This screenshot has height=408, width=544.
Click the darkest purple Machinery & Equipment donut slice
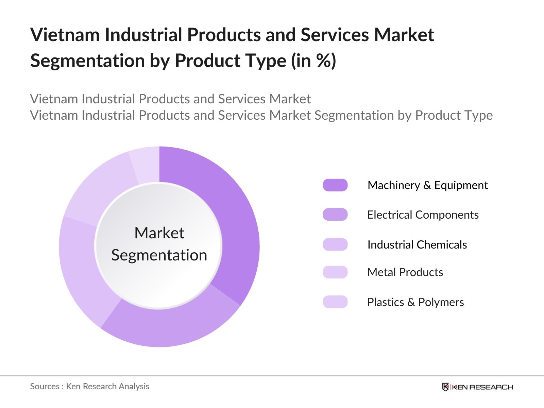click(235, 221)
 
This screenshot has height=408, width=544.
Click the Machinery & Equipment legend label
click(427, 185)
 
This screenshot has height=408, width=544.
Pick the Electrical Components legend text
click(423, 215)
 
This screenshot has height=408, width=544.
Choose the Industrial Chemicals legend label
click(417, 245)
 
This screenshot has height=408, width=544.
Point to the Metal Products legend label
click(405, 272)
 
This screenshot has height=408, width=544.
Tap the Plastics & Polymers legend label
click(415, 302)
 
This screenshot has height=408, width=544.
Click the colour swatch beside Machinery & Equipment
click(335, 185)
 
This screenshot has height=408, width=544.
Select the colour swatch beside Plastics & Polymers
click(335, 302)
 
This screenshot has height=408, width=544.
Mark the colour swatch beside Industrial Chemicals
click(335, 244)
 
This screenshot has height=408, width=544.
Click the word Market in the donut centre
click(159, 233)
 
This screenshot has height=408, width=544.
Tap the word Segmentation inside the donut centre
click(159, 255)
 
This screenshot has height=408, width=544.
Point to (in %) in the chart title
click(313, 61)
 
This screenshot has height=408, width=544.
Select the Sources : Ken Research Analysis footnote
click(89, 386)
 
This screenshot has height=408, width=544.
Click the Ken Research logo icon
click(445, 387)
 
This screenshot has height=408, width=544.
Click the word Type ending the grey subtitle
click(478, 115)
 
